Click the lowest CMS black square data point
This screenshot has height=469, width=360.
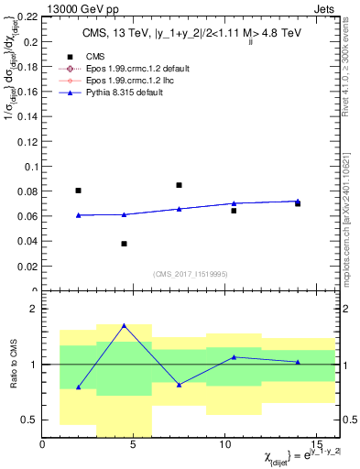point(124,244)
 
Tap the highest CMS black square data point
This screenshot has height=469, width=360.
point(179,185)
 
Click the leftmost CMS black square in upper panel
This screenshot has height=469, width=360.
point(78,191)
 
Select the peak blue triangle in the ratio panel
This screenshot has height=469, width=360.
point(124,325)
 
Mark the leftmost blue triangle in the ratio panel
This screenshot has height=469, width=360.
point(78,387)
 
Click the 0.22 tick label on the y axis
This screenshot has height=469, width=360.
point(25,17)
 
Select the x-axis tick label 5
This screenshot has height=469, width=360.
point(134,445)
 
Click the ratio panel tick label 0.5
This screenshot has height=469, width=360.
point(27,420)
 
